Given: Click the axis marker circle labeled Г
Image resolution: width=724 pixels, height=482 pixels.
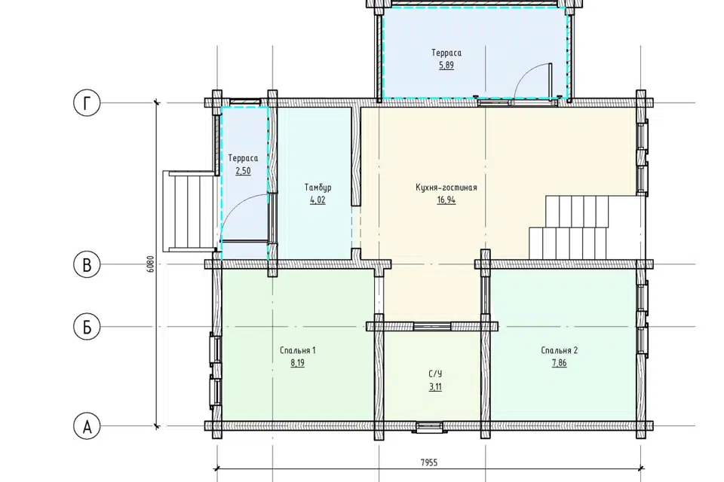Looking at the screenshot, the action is click(87, 103).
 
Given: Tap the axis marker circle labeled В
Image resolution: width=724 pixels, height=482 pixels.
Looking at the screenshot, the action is click(87, 265).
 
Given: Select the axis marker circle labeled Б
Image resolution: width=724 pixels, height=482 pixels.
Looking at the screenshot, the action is click(87, 327).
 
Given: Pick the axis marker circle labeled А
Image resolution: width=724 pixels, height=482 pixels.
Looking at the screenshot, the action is click(87, 427).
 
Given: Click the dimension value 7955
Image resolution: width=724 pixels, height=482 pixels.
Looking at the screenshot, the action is click(429, 462).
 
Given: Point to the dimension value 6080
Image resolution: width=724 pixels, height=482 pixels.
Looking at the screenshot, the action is click(151, 264).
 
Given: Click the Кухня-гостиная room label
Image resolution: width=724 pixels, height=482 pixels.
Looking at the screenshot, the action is click(446, 188).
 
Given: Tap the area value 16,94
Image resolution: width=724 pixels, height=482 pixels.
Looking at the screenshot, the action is click(446, 200).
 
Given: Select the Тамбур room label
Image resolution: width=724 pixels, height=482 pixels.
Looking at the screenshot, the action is click(318, 188).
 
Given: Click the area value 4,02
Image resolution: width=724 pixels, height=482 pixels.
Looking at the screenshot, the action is click(318, 200).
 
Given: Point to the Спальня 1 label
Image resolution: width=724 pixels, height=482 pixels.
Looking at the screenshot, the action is click(297, 350).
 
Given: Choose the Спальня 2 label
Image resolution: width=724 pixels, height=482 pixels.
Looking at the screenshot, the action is click(559, 350).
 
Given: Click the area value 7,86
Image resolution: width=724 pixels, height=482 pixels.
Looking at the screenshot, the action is click(559, 362).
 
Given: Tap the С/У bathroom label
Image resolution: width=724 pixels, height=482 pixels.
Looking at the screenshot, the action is click(435, 374).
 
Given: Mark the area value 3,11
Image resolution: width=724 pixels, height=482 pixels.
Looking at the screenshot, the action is click(435, 386).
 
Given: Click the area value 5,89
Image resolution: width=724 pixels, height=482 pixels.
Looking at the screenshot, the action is click(446, 65).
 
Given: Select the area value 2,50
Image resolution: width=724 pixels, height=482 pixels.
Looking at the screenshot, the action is click(243, 171).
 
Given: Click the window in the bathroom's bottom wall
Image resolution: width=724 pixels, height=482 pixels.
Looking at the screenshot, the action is click(430, 427).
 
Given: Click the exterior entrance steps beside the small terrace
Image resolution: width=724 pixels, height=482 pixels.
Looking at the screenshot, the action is click(189, 211).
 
